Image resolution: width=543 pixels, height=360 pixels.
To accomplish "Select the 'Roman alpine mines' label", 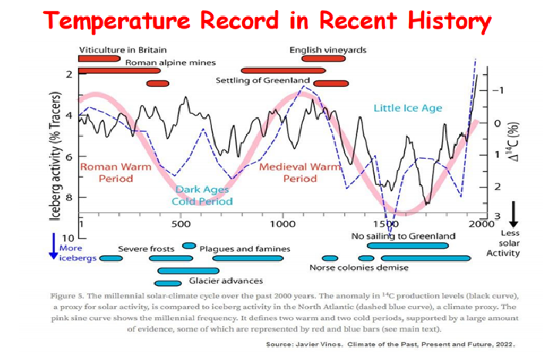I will coord(170,62).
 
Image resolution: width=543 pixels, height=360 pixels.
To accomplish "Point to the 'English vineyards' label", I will coord(328,50).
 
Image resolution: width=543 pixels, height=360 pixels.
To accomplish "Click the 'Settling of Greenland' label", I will coord(262,80).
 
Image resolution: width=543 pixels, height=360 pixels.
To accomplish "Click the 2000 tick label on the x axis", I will coord(481,224).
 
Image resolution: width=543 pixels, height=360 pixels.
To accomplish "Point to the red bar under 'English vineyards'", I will coord(323,59).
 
